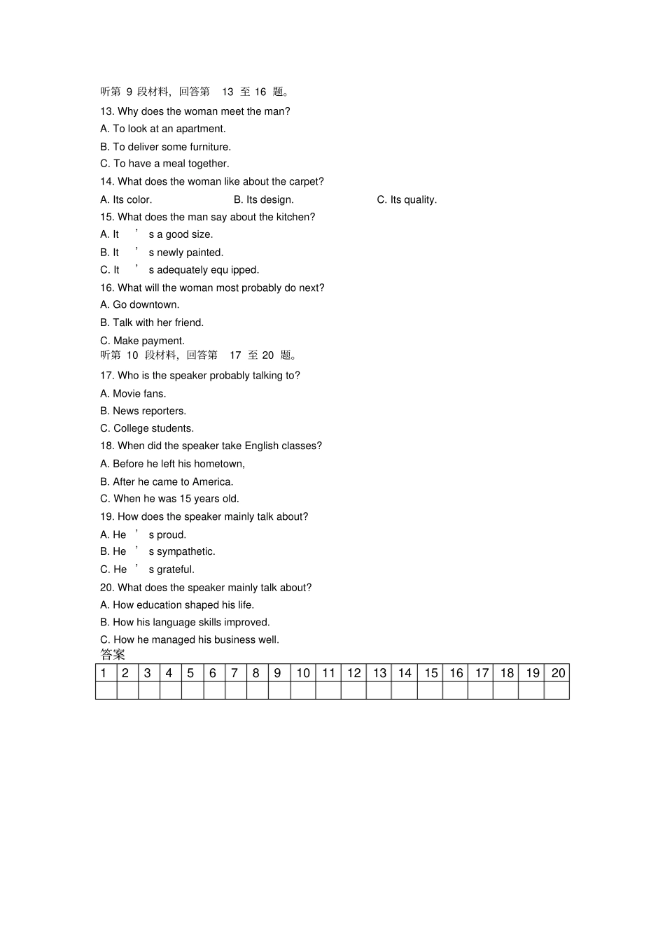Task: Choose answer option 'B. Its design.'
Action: [263, 199]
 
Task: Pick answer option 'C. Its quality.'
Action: [407, 199]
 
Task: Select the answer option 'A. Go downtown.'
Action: [140, 304]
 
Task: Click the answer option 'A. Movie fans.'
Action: [133, 393]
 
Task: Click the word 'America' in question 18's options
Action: [212, 481]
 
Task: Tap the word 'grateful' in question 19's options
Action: [176, 569]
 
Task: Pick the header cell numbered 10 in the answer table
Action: [303, 673]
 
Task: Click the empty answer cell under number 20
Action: [557, 691]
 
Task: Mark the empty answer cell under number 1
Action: [106, 691]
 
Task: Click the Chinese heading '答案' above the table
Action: [113, 654]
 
